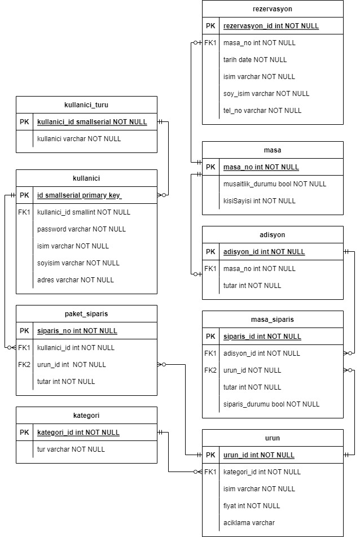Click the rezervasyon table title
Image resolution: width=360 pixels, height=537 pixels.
pyautogui.click(x=273, y=9)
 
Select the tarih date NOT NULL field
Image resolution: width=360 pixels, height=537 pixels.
pyautogui.click(x=254, y=60)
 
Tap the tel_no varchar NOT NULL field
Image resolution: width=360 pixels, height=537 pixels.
pyautogui.click(x=262, y=111)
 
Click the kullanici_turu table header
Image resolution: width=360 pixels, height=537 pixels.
pyautogui.click(x=86, y=105)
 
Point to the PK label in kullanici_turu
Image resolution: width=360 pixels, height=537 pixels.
pyautogui.click(x=24, y=122)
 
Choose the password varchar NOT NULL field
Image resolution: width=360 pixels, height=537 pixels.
pyautogui.click(x=81, y=229)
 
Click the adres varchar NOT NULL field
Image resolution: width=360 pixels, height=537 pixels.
pyautogui.click(x=75, y=280)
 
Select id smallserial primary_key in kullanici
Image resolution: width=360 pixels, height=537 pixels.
pyautogui.click(x=79, y=195)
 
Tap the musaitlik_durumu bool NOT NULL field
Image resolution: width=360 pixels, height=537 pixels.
pyautogui.click(x=275, y=184)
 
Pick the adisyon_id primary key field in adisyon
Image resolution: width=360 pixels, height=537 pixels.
pyautogui.click(x=264, y=252)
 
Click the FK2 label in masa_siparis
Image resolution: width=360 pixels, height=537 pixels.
pyautogui.click(x=210, y=370)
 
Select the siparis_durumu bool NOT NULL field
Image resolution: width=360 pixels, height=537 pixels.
pyautogui.click(x=271, y=404)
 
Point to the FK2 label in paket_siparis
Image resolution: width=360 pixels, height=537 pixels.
pyautogui.click(x=24, y=365)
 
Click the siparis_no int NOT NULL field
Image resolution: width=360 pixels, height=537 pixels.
pyautogui.click(x=77, y=331)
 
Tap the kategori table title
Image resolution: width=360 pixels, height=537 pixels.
pyautogui.click(x=86, y=416)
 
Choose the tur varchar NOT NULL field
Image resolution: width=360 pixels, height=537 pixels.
pyautogui.click(x=71, y=449)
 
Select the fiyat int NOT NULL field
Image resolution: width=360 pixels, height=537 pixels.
pyautogui.click(x=252, y=506)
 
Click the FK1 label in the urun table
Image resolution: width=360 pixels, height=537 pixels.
pyautogui.click(x=210, y=472)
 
